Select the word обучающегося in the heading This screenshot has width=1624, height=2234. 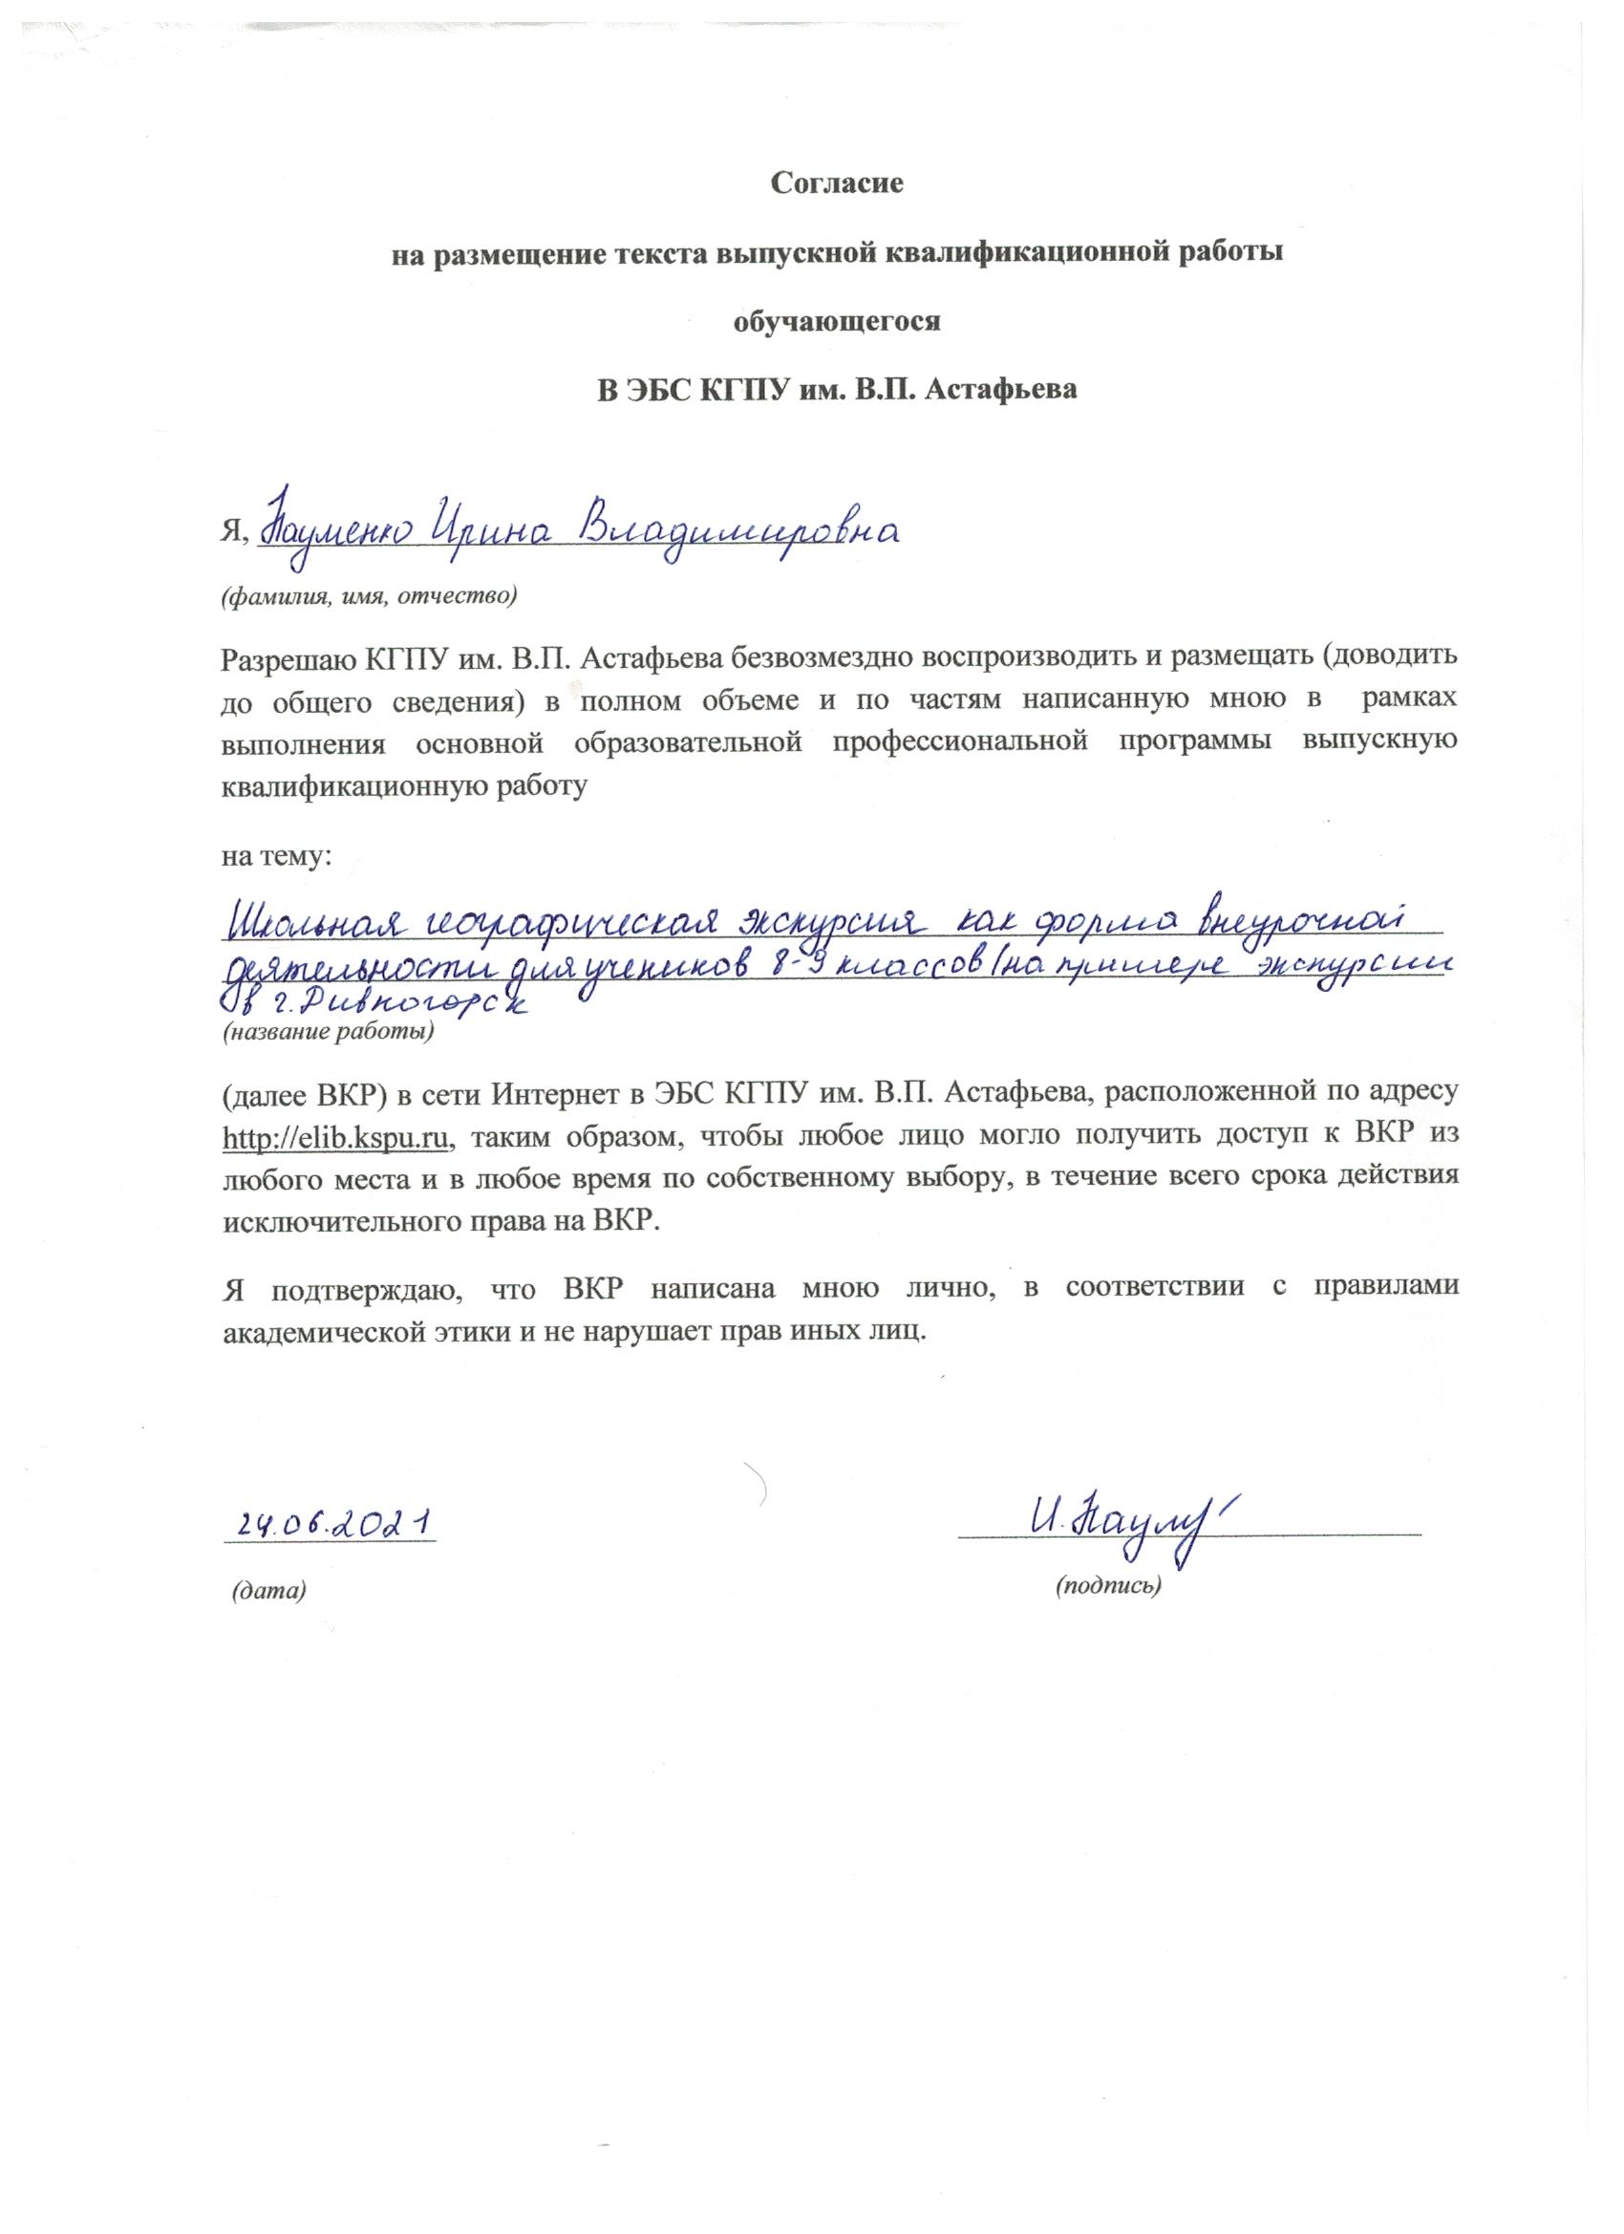[x=835, y=321]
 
